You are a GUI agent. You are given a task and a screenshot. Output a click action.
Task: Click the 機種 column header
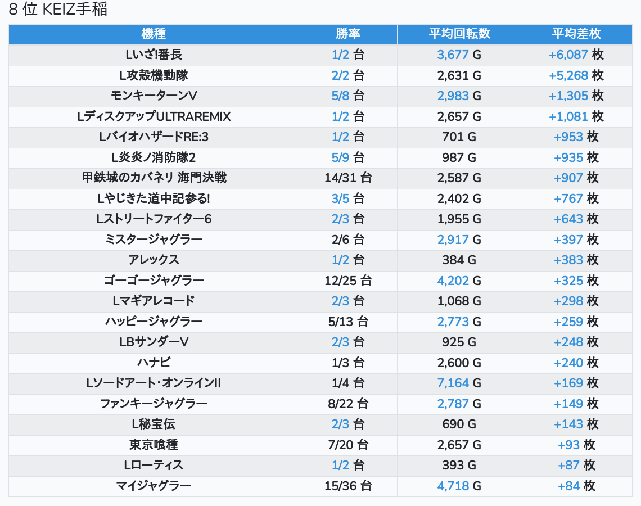pos(154,34)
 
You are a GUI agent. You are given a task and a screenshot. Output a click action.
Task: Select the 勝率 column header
pos(348,34)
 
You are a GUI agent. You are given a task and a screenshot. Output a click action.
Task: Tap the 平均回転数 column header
pos(459,34)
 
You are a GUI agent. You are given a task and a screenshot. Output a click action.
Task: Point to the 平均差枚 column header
pos(576,34)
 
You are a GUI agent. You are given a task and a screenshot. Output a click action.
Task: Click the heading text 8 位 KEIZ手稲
pos(58,9)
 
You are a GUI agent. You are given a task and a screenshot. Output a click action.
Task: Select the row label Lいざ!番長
pos(154,55)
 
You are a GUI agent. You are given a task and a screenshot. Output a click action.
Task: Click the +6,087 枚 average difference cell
pos(576,55)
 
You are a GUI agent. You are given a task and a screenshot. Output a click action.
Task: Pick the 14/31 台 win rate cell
pos(348,178)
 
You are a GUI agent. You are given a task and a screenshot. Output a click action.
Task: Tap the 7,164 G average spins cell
pos(459,383)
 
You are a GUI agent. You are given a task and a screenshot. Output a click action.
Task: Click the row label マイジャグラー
pos(154,486)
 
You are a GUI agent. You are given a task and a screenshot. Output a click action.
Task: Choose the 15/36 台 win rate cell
pos(348,486)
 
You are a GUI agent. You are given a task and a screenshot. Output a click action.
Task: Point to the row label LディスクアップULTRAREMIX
pos(154,116)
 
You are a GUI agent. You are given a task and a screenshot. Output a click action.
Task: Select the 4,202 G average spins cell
pos(459,281)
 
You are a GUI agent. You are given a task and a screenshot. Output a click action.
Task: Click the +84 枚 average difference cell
pos(576,486)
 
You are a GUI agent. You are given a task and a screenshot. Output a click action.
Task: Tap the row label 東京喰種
pos(154,445)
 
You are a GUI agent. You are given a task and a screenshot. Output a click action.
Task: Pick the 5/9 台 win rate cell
pos(348,157)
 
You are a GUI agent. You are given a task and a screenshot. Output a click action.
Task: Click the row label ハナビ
pos(154,363)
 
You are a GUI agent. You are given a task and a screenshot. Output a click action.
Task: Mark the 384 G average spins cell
pos(459,260)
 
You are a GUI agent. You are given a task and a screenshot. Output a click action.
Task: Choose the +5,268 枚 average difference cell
pos(576,75)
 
